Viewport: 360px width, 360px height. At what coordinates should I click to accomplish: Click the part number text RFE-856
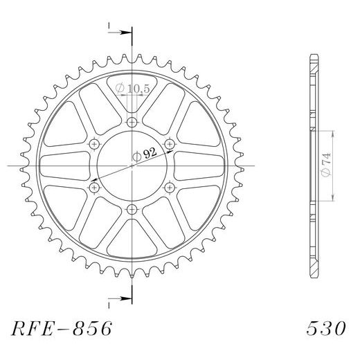(62, 328)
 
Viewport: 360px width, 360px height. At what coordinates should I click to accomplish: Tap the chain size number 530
(326, 328)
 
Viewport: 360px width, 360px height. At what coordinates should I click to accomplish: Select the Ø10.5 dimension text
(132, 89)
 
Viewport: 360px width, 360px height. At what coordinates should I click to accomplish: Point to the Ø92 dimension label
(145, 154)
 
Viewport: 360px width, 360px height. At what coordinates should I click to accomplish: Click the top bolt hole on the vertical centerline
(132, 122)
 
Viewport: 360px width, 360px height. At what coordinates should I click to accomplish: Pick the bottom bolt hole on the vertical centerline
(132, 210)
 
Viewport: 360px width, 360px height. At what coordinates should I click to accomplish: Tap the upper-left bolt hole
(94, 144)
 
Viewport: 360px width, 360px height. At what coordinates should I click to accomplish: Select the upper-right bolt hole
(170, 144)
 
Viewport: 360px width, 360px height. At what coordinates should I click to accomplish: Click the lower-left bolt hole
(94, 188)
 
